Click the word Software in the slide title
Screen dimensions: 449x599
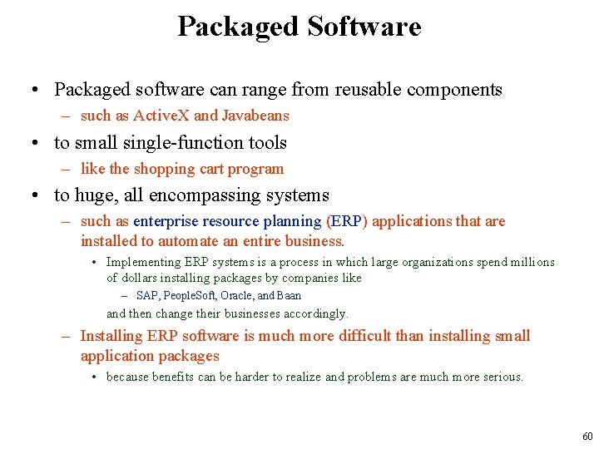(x=364, y=27)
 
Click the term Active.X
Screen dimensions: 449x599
(x=161, y=116)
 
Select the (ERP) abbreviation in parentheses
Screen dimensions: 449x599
(x=348, y=221)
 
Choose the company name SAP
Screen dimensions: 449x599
(x=147, y=295)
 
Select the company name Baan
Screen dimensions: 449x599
(x=289, y=295)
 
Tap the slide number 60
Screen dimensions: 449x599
(x=587, y=437)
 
